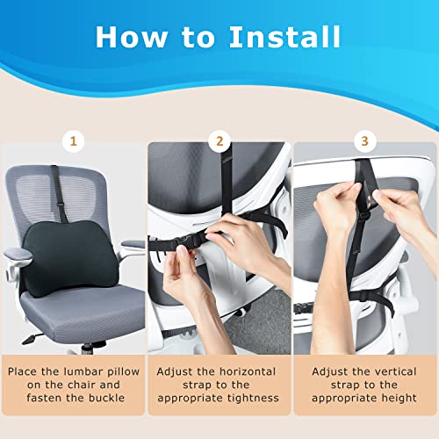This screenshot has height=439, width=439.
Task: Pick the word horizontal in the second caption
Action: (x=250, y=371)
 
